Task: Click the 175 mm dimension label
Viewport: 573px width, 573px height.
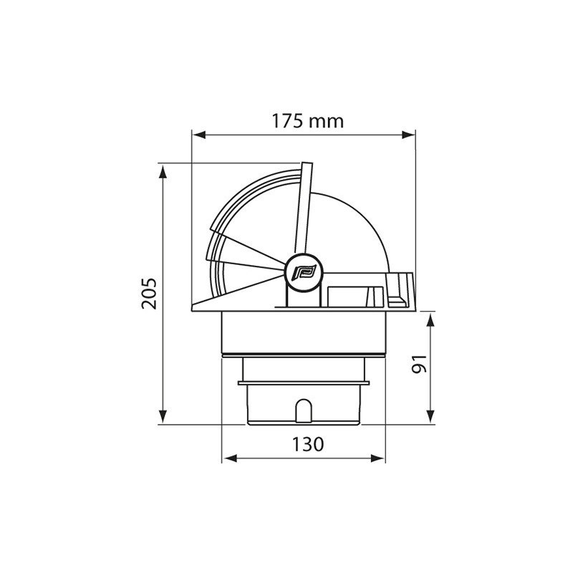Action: [307, 121]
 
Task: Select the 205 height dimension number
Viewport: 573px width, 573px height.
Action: [149, 294]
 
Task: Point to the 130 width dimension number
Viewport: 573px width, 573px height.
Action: [307, 444]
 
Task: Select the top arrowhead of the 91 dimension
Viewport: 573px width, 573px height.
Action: [430, 317]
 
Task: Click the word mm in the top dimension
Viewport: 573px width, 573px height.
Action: [329, 121]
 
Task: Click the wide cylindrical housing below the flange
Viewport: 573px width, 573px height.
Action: [304, 334]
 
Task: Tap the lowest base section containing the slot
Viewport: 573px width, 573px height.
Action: [304, 405]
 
